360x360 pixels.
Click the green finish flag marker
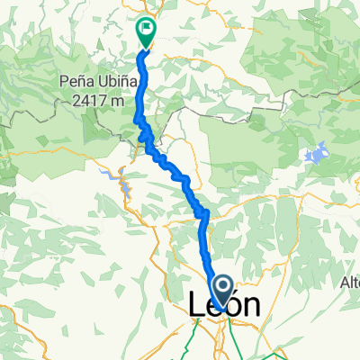coord(145,32)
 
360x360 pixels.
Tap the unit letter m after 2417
coord(118,101)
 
